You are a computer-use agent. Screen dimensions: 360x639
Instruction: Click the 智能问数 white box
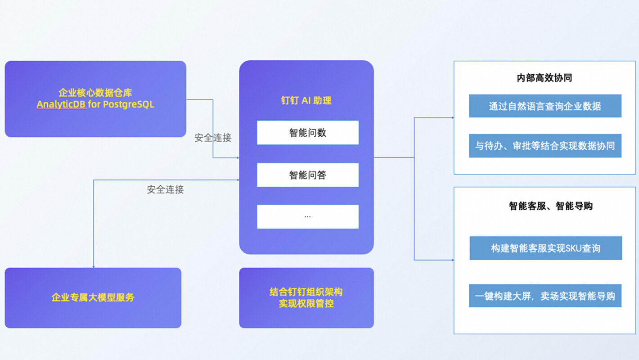(x=308, y=133)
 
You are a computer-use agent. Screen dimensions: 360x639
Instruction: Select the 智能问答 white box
(x=308, y=175)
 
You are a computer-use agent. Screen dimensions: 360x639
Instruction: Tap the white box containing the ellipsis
(x=308, y=216)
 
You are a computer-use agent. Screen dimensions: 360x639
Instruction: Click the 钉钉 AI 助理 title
(x=306, y=100)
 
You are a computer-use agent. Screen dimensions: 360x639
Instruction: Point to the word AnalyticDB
(x=61, y=104)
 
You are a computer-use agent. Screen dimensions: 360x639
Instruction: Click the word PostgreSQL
(x=129, y=104)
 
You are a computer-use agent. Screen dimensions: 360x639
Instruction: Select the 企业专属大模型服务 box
(x=93, y=297)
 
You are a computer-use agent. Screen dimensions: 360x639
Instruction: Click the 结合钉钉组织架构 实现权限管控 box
(x=306, y=297)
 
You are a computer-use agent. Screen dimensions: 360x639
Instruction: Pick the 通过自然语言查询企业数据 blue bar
(x=545, y=106)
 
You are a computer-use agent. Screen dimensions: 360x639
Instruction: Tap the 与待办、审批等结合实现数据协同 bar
(x=545, y=146)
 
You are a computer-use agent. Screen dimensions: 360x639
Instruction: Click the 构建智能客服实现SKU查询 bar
(x=545, y=248)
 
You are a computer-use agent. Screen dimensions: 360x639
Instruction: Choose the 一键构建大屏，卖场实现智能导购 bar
(x=545, y=296)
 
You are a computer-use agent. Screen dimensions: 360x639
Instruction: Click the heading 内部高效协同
(x=544, y=78)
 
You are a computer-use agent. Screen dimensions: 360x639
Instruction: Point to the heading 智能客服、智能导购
(x=550, y=206)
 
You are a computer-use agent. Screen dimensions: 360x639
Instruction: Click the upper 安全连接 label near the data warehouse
(x=213, y=138)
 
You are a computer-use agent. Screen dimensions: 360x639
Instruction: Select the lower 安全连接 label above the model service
(x=165, y=189)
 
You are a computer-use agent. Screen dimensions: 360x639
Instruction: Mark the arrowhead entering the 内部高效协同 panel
(x=452, y=118)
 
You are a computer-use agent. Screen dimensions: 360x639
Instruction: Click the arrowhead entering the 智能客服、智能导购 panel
(x=452, y=260)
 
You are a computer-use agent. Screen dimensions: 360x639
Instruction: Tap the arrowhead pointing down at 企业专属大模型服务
(x=94, y=266)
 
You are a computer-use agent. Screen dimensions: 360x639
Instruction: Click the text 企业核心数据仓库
(x=95, y=93)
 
